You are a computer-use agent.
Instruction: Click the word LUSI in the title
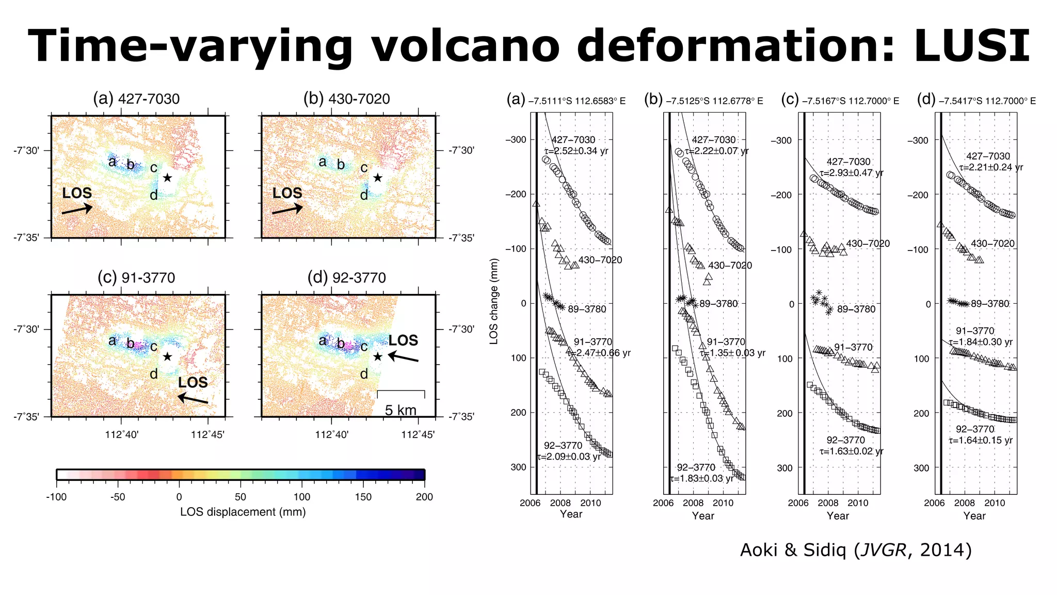point(971,45)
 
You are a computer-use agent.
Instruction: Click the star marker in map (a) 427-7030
point(167,178)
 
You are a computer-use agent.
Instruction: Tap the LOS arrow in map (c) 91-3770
point(193,399)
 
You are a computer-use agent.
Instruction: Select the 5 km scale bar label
point(401,410)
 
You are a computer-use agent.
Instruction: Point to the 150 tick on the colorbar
point(363,497)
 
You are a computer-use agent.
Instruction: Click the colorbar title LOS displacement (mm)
point(243,512)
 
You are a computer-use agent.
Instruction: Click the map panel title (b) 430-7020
point(346,99)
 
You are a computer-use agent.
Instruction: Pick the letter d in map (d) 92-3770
point(364,374)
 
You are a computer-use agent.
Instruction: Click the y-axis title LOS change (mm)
point(494,301)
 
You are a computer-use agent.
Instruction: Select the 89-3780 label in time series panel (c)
point(856,309)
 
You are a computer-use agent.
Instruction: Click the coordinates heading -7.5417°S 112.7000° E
point(987,101)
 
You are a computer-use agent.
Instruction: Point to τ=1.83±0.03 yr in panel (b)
point(701,479)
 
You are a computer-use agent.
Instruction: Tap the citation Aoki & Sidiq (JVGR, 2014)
point(856,550)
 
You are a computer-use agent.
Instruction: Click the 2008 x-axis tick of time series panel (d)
point(964,503)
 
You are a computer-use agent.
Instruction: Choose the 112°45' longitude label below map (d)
point(418,435)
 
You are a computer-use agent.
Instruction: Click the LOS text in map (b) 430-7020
point(287,193)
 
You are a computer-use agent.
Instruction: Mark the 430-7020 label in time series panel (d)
point(992,243)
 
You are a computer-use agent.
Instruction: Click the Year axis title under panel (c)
point(838,515)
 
